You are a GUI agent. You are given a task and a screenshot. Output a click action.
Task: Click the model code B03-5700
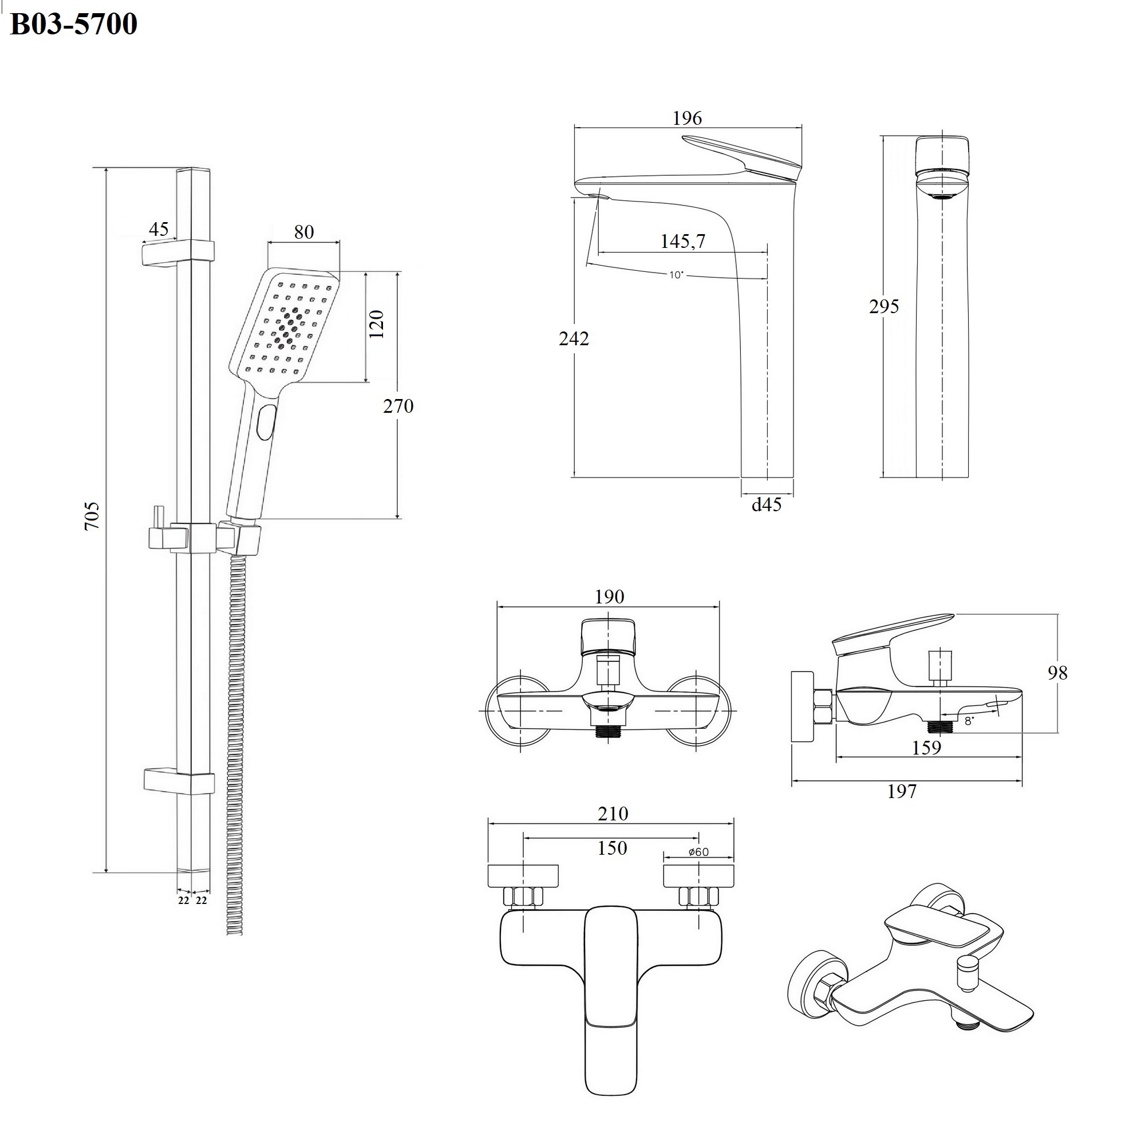[74, 24]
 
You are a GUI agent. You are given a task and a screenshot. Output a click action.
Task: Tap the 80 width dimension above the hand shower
[304, 232]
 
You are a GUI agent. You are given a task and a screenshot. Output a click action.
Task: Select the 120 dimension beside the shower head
[377, 324]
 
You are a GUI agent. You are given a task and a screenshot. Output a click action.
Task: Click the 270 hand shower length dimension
[398, 406]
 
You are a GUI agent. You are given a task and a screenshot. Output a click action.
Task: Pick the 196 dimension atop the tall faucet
[687, 119]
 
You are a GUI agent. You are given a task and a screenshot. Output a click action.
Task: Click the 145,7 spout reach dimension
[683, 241]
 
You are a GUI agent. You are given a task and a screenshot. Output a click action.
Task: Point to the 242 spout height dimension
[574, 339]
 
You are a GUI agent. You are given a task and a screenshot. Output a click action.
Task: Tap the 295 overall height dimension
[883, 306]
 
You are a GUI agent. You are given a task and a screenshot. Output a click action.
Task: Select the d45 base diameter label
[767, 505]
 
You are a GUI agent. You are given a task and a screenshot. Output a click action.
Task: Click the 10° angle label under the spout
[676, 275]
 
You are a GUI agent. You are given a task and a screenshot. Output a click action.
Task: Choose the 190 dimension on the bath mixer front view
[609, 597]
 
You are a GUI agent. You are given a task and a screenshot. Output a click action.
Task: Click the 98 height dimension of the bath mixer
[1057, 673]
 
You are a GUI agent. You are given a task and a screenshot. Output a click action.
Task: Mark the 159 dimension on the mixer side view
[926, 748]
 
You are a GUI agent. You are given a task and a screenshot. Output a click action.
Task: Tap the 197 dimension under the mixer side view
[902, 791]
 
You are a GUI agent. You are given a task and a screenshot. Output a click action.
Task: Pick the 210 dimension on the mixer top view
[613, 814]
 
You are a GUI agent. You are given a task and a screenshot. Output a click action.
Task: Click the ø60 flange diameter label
[698, 852]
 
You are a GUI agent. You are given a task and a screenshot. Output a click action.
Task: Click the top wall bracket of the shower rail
[178, 251]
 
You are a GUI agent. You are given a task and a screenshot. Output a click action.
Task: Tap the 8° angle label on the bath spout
[969, 721]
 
